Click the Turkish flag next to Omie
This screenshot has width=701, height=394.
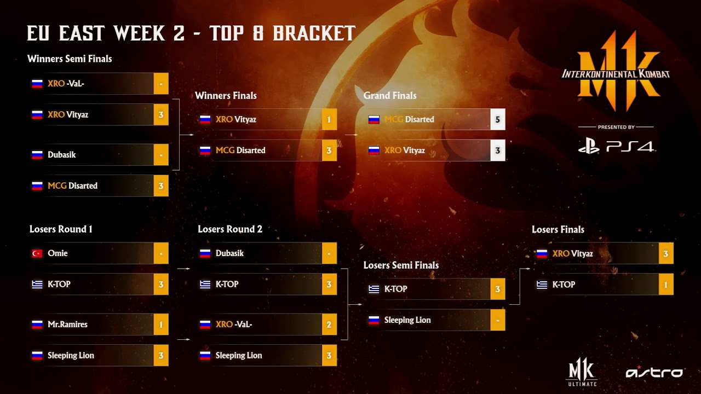37,253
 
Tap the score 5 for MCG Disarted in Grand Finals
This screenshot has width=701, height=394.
498,119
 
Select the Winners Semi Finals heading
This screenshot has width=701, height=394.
70,59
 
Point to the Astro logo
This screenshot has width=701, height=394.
654,372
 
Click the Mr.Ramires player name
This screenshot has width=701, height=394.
67,325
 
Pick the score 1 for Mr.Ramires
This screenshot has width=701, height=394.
161,325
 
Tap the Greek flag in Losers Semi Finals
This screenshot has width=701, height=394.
374,289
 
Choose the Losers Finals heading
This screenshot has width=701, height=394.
558,229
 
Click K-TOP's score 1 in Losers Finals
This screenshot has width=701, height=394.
666,285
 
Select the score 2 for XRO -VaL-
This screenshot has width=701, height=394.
329,325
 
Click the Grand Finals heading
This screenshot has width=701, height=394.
390,96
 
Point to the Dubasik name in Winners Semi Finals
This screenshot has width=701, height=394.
62,155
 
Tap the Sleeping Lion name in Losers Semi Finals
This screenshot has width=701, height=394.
407,320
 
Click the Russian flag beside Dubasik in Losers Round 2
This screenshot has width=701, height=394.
205,253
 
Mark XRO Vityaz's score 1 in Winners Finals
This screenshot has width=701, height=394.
329,119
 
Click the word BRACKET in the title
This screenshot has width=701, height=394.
314,33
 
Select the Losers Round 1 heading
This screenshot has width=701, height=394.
61,229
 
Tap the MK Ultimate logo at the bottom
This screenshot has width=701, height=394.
582,372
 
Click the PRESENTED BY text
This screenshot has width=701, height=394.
616,128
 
